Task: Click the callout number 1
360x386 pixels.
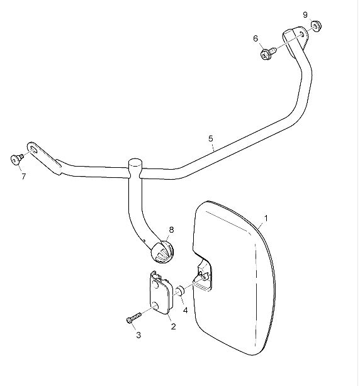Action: (x=266, y=218)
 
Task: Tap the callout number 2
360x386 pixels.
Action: (x=174, y=326)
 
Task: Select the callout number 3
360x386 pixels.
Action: (x=138, y=335)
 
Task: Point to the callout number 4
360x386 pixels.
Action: (x=185, y=311)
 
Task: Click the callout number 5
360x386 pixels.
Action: (x=210, y=138)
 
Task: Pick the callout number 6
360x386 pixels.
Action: (x=256, y=38)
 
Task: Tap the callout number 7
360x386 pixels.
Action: (x=24, y=176)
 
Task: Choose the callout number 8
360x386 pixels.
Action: (x=171, y=229)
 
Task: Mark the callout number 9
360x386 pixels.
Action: (x=305, y=14)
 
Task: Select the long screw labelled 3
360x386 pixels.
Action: (x=133, y=318)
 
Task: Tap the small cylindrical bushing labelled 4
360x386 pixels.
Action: (x=181, y=290)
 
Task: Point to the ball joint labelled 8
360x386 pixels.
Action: (x=162, y=251)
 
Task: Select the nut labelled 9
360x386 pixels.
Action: (x=316, y=26)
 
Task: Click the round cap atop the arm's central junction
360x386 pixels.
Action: (x=135, y=162)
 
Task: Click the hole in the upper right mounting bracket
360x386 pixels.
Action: (x=302, y=34)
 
